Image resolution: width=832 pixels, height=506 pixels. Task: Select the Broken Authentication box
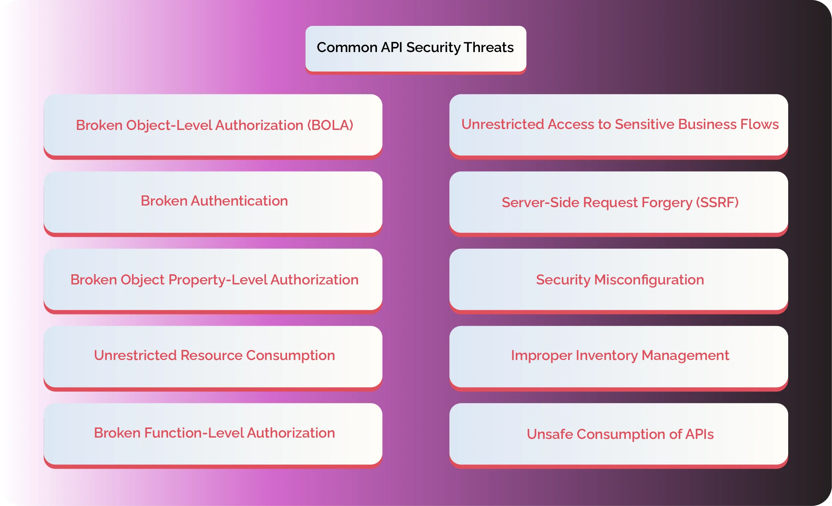pos(213,201)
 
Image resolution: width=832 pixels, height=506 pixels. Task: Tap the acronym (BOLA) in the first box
pos(330,125)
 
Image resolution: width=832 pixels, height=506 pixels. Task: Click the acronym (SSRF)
pos(717,203)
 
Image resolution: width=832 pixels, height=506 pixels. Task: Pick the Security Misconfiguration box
pos(619,280)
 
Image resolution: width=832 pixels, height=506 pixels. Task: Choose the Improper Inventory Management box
pos(619,355)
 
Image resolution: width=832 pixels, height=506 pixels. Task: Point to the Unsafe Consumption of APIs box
pos(619,434)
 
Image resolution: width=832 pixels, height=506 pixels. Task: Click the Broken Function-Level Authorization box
pos(213,433)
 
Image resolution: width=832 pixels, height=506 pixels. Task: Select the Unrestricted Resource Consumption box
pos(213,355)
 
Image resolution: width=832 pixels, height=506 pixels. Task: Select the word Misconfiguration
pos(649,280)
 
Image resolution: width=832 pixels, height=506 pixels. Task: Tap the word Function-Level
pos(194,433)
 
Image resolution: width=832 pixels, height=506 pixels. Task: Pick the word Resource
pos(212,355)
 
